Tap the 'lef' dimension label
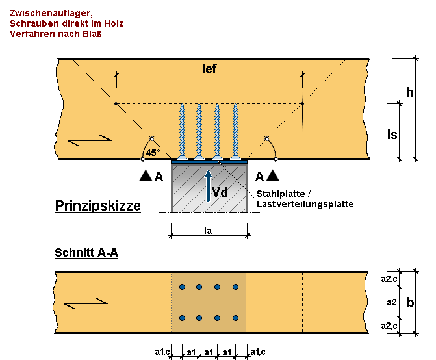[209, 69]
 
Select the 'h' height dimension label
[409, 92]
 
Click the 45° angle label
[153, 153]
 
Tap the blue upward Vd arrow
[208, 185]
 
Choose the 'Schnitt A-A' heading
[86, 253]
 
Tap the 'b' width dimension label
[409, 302]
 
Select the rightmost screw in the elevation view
[235, 130]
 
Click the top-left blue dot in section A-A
[183, 287]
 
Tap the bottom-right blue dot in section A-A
[235, 318]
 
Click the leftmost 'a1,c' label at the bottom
[162, 352]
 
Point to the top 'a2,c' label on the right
[389, 279]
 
